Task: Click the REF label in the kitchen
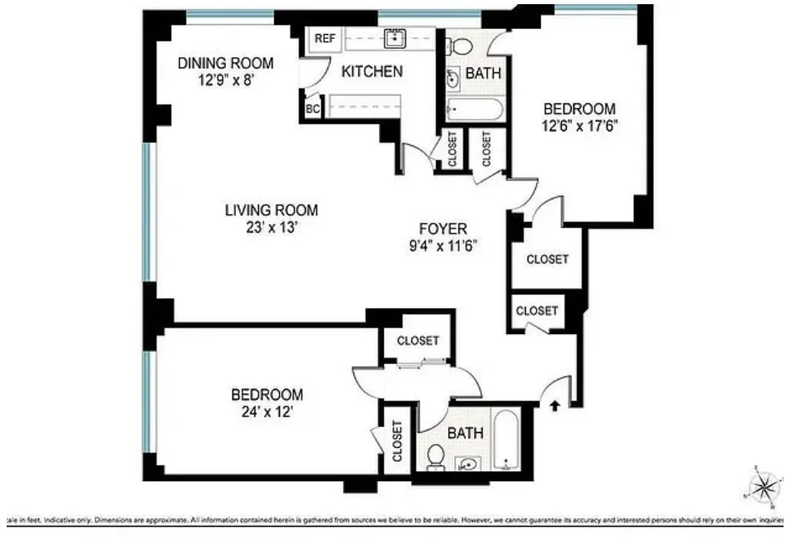pyautogui.click(x=325, y=38)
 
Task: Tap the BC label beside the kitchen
pyautogui.click(x=313, y=109)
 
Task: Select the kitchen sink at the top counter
pyautogui.click(x=394, y=37)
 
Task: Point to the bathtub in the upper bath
pyautogui.click(x=474, y=110)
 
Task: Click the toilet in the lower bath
pyautogui.click(x=435, y=455)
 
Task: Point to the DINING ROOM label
pyautogui.click(x=226, y=63)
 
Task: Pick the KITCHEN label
pyautogui.click(x=372, y=72)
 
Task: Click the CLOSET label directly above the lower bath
pyautogui.click(x=417, y=341)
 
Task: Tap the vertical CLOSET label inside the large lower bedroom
pyautogui.click(x=396, y=441)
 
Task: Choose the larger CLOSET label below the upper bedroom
pyautogui.click(x=548, y=259)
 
